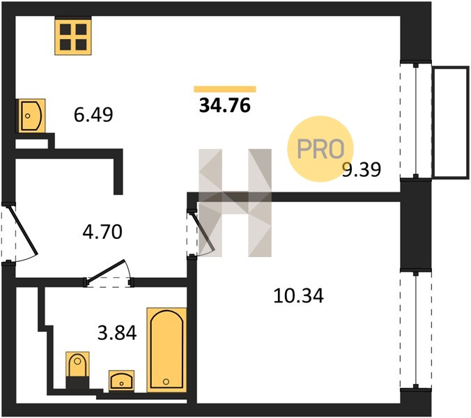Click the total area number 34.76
[x=224, y=106]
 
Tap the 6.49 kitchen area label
[x=93, y=115]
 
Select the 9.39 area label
[x=362, y=169]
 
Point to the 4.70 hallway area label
[x=102, y=232]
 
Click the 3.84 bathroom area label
[x=117, y=333]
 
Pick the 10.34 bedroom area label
[x=299, y=296]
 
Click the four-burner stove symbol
[x=73, y=37]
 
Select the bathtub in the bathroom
[x=167, y=350]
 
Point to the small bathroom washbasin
[x=121, y=381]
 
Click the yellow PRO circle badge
[x=321, y=149]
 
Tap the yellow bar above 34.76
[x=225, y=89]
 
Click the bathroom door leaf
[x=105, y=272]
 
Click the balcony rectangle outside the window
[x=451, y=123]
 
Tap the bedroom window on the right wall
[x=416, y=330]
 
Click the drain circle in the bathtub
[x=166, y=382]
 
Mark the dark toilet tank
[x=77, y=382]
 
